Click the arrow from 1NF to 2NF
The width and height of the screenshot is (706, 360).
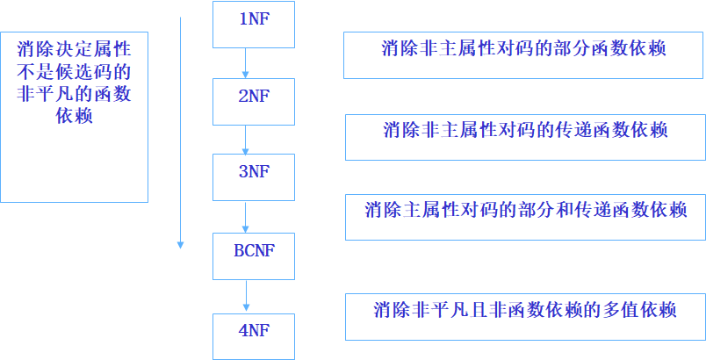(246, 62)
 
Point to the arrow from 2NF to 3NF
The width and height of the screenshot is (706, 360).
(246, 140)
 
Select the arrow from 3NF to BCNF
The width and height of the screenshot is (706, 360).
(246, 217)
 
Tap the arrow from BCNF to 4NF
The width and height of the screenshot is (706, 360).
(246, 295)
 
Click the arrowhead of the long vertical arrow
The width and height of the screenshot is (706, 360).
(180, 244)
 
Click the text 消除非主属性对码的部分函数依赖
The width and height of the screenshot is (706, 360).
(523, 49)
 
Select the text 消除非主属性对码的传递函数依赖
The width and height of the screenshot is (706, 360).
(525, 131)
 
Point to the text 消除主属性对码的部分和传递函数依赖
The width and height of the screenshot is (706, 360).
(525, 210)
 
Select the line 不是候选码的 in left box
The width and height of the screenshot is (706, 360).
(74, 73)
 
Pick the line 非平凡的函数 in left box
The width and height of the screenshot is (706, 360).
(74, 95)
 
